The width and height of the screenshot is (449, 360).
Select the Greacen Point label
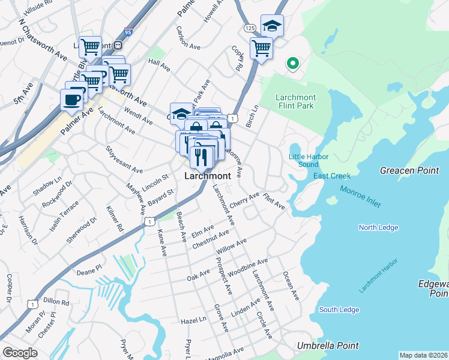click(409, 170)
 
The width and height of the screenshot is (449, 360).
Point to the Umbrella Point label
click(328, 346)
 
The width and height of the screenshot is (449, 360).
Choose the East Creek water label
click(327, 176)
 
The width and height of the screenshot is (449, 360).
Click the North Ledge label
click(378, 227)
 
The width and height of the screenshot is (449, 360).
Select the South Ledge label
click(339, 310)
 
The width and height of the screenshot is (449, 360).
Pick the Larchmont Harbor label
click(379, 278)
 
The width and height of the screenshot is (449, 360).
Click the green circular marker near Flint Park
click(293, 62)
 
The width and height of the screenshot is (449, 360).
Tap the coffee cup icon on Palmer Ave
click(71, 100)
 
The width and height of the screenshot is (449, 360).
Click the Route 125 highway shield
click(250, 28)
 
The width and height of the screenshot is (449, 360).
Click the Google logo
click(20, 353)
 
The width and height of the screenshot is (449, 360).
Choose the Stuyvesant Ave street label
click(124, 160)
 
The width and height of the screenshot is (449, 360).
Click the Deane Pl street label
click(90, 272)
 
